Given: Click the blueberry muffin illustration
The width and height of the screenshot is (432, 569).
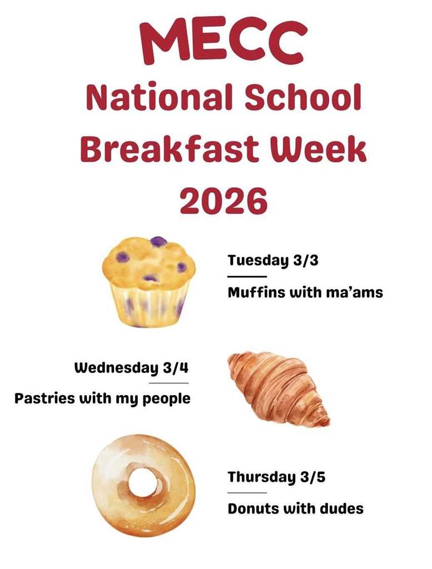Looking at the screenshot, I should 148,281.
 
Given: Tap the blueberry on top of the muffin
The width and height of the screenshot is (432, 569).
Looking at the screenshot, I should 158,242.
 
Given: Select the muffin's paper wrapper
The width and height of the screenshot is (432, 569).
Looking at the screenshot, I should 148,306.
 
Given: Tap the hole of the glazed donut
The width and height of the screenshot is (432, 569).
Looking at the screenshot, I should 143,482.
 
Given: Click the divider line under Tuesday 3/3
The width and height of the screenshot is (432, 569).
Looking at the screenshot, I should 247,276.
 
